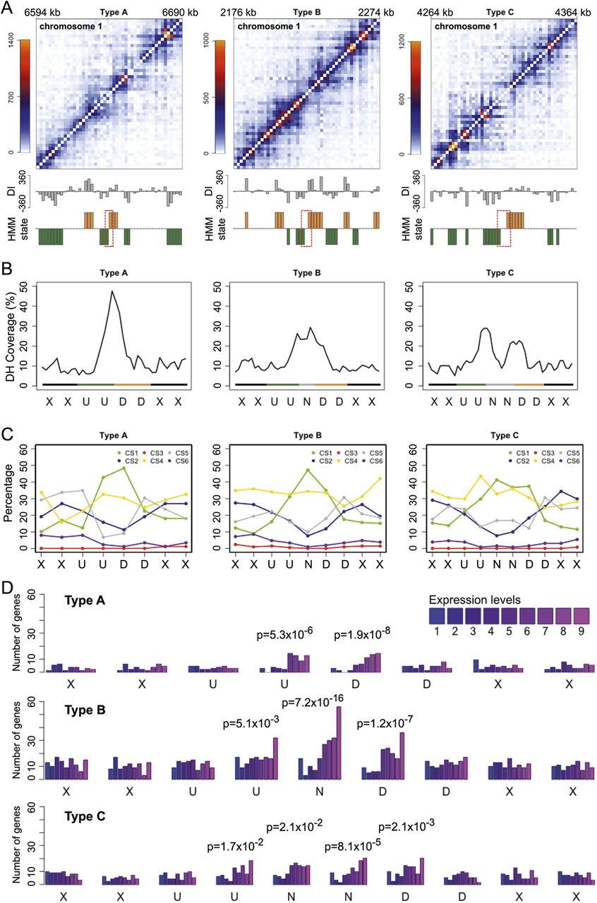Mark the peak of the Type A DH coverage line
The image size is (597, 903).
coord(111,291)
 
